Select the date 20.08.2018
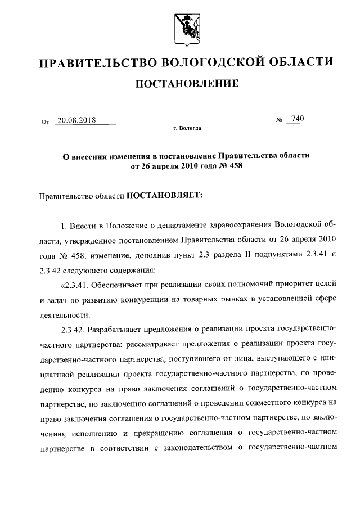76,120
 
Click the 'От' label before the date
45,121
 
